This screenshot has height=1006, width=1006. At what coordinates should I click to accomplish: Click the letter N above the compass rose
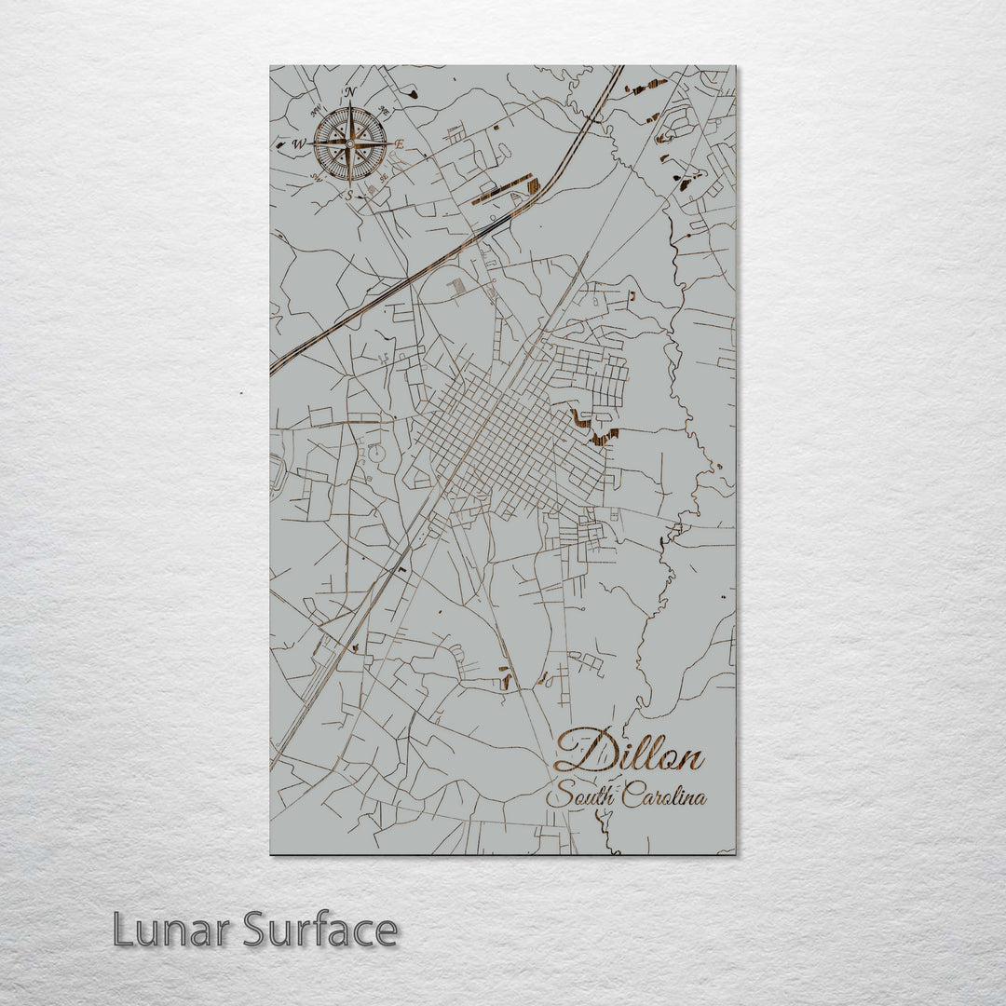350,92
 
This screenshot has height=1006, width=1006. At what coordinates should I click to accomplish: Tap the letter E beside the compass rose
400,144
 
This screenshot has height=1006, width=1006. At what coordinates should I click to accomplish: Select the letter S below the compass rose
349,196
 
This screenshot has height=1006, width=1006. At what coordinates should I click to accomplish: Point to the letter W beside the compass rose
300,144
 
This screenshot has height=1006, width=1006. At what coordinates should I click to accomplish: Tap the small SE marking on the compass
384,179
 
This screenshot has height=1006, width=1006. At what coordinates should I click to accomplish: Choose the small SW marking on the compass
316,179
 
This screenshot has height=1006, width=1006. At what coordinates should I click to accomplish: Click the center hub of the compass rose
350,143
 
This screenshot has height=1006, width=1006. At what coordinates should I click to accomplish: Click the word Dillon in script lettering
629,752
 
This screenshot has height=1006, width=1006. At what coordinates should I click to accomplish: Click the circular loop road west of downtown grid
377,454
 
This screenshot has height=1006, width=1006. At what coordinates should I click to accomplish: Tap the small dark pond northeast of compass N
412,91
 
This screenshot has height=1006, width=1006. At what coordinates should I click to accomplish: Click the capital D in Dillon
579,751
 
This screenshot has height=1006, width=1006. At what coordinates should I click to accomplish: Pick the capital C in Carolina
632,796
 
